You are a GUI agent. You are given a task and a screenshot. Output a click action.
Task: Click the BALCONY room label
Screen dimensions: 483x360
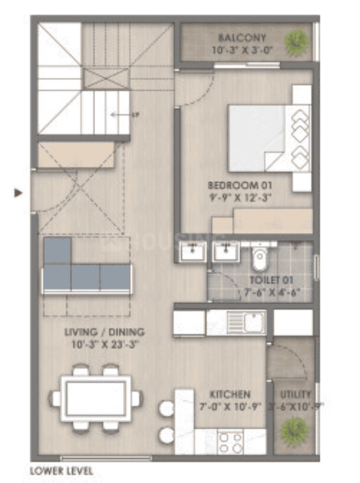point(242,37)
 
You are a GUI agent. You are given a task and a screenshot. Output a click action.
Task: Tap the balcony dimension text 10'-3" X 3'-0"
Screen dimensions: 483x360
point(242,49)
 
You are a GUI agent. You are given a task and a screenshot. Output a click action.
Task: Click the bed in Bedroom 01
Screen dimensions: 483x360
point(262,139)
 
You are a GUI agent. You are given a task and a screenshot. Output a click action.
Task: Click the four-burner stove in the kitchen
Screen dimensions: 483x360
point(229,441)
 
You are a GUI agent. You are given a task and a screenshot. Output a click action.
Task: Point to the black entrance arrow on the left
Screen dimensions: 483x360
point(19,192)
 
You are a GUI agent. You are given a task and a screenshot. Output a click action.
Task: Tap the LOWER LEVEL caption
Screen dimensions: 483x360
point(61,471)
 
